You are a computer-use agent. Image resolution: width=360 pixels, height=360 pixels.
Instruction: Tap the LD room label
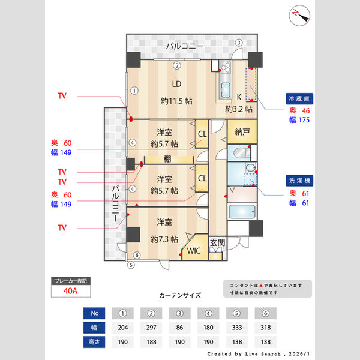point(176,84)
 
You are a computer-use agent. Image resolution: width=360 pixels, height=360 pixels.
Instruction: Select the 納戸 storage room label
point(242,132)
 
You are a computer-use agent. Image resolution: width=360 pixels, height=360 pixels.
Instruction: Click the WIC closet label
point(194,251)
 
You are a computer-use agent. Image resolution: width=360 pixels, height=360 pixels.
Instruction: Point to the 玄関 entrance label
point(217,242)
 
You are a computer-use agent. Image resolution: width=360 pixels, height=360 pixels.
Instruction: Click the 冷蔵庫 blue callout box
point(300,99)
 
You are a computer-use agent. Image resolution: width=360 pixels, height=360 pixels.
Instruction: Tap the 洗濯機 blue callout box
point(300,181)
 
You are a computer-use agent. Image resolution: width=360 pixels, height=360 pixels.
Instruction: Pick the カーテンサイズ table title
point(180,295)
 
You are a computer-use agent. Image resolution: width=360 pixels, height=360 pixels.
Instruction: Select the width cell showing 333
point(237,328)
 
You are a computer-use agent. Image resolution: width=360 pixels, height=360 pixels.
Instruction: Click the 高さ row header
point(94,342)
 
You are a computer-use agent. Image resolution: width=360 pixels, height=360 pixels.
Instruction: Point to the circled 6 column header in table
point(266,313)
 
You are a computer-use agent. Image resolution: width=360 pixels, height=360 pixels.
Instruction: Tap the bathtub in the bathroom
point(242,212)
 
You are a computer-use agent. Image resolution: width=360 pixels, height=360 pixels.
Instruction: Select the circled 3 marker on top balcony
point(238,43)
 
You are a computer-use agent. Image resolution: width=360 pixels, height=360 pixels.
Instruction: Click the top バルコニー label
point(185,46)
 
